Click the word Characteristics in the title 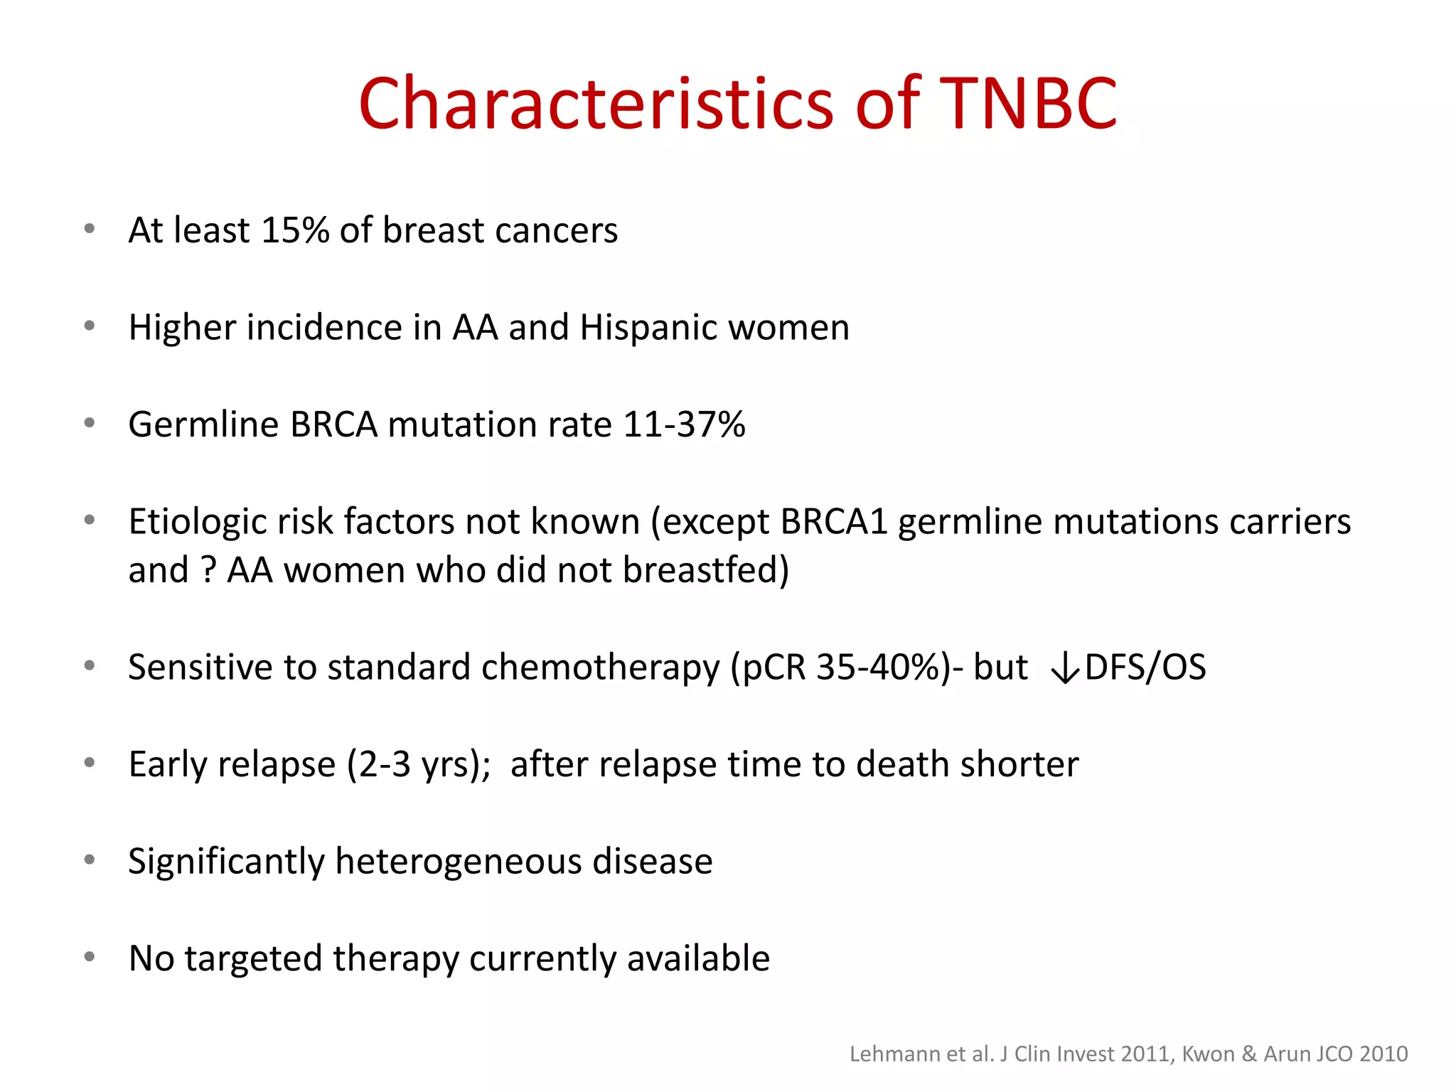[x=596, y=104]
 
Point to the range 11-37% [x=684, y=424]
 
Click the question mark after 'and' [x=208, y=570]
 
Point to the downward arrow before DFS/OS [x=1065, y=668]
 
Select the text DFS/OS [x=1145, y=667]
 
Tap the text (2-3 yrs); [x=419, y=764]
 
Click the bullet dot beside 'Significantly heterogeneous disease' [x=90, y=860]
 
